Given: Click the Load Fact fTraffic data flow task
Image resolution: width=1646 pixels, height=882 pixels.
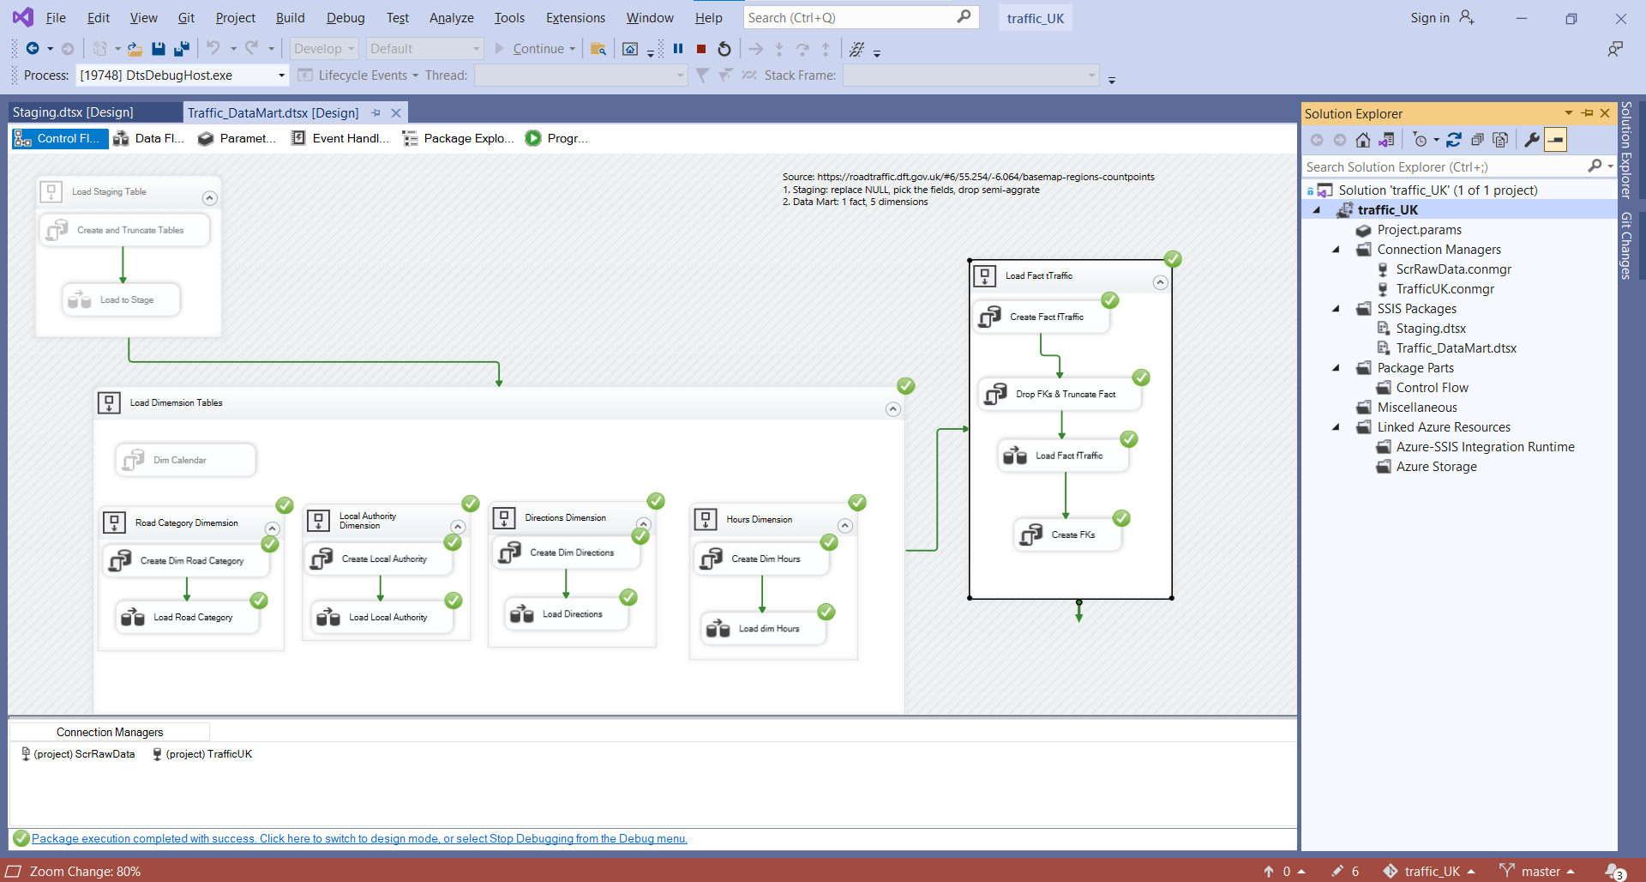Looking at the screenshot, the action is pyautogui.click(x=1064, y=456).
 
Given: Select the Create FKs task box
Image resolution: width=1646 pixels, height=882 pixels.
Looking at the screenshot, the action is pyautogui.click(x=1068, y=535).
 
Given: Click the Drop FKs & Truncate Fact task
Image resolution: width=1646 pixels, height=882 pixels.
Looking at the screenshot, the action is pyautogui.click(x=1060, y=394).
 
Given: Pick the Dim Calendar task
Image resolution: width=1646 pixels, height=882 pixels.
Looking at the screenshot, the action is pyautogui.click(x=186, y=460).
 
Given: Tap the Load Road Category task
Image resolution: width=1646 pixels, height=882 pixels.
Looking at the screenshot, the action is pyautogui.click(x=188, y=617).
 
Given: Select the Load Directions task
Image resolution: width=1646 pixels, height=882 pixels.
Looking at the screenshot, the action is pyautogui.click(x=567, y=614).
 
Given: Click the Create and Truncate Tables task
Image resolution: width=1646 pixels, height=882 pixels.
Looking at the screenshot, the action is pyautogui.click(x=125, y=230).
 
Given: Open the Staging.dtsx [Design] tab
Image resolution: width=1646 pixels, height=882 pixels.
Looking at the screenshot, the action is pyautogui.click(x=73, y=112).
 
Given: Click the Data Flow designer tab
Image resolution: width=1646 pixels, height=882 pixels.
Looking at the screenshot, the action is pyautogui.click(x=149, y=138).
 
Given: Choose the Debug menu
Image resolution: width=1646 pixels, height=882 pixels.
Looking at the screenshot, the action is pyautogui.click(x=345, y=18).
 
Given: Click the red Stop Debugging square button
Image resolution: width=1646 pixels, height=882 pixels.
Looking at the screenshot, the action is pyautogui.click(x=701, y=49).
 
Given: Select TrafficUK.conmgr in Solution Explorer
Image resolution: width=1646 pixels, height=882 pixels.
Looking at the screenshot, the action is pyautogui.click(x=1445, y=289).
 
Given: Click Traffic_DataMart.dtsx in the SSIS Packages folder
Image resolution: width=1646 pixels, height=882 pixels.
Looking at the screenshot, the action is pyautogui.click(x=1456, y=348).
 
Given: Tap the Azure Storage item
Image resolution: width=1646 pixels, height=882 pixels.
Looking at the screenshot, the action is pyautogui.click(x=1436, y=467).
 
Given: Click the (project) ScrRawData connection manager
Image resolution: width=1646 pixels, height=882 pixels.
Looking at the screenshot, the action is pyautogui.click(x=78, y=754).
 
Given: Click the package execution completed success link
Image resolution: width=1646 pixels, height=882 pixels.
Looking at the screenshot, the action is pyautogui.click(x=359, y=838).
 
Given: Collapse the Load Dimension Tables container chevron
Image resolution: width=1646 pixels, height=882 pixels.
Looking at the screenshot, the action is pyautogui.click(x=892, y=409).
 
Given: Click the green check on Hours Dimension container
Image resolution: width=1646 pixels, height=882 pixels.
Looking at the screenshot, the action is pyautogui.click(x=857, y=503).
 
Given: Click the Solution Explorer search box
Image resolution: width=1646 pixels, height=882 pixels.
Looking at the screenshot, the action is pyautogui.click(x=1445, y=166).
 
